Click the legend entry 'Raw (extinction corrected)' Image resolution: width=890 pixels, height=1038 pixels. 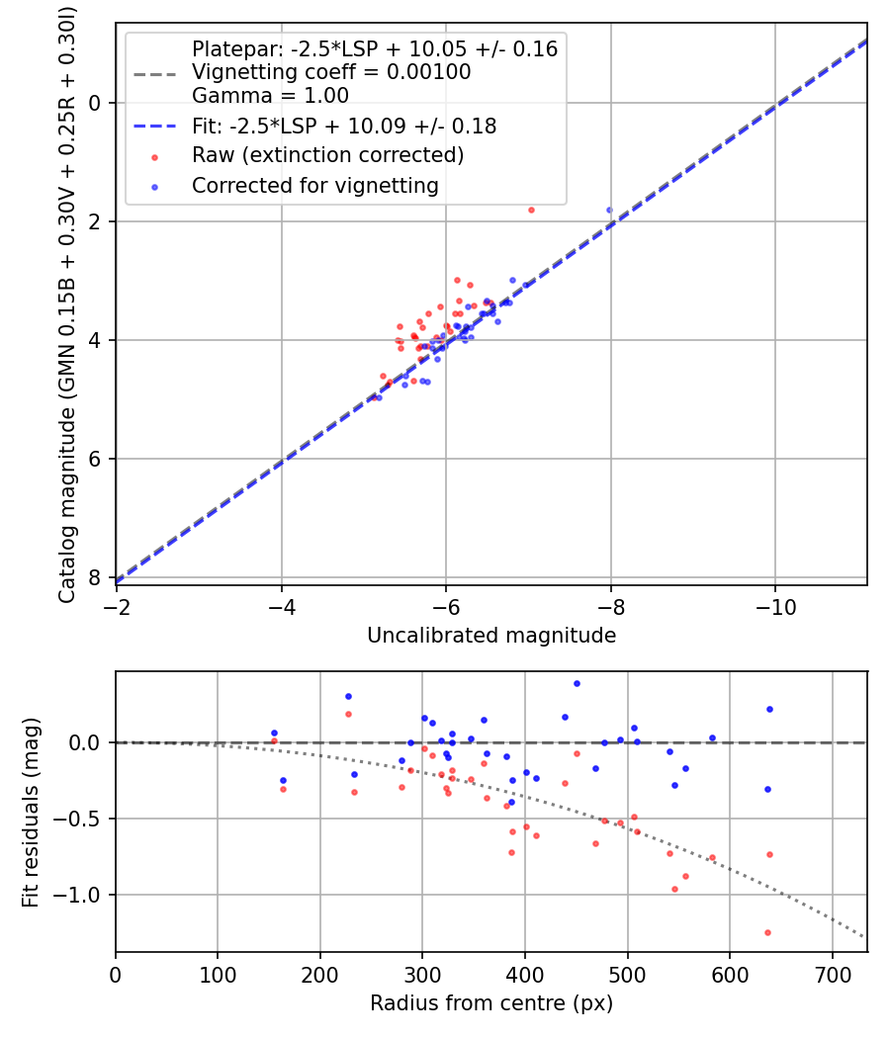[327, 155]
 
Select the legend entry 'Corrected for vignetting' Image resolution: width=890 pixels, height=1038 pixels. [314, 185]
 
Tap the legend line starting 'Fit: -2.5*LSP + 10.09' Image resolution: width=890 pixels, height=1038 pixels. [344, 126]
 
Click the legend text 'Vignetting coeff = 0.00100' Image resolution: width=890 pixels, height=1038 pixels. [331, 72]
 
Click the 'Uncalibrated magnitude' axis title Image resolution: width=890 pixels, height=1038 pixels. [491, 636]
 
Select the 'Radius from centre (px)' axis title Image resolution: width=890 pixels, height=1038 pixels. [491, 1003]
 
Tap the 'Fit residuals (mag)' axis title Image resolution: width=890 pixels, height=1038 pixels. [31, 812]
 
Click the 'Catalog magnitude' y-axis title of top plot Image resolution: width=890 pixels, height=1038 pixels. [67, 303]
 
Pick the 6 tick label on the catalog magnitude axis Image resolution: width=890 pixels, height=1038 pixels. [96, 459]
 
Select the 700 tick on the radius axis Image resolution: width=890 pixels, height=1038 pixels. [832, 973]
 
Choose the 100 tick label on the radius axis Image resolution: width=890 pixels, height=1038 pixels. [218, 973]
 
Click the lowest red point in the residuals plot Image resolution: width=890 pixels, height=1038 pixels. [767, 932]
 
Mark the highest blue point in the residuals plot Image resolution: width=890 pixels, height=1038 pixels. [577, 683]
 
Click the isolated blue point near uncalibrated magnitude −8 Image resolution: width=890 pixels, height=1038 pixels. [609, 210]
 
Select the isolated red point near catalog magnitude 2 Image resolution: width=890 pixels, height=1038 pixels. [531, 210]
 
